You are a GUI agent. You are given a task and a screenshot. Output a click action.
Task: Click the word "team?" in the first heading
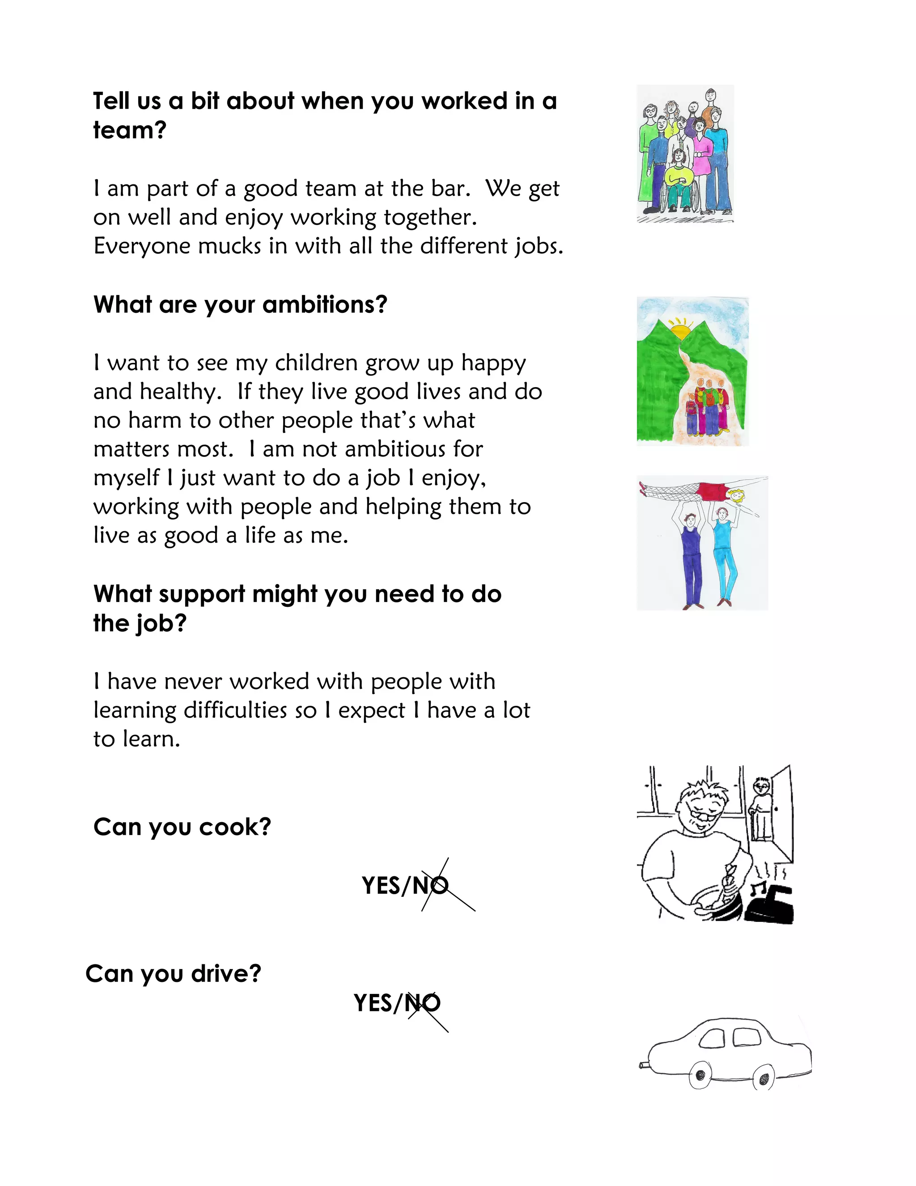[129, 130]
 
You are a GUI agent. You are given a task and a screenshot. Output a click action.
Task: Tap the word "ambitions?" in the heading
[325, 305]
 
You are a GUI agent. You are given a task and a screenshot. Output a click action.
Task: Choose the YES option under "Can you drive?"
[374, 1003]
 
